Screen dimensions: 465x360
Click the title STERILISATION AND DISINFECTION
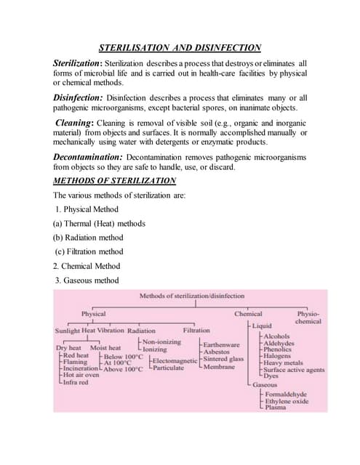[180, 48]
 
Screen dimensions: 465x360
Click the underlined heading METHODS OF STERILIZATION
[115, 180]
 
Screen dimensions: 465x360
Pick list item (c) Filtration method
[89, 251]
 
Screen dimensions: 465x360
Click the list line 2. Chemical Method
[87, 266]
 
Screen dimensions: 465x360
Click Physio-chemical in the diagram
[308, 318]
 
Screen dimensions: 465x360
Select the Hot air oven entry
[82, 375]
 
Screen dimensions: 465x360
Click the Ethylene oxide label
[287, 400]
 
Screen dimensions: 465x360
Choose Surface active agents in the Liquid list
[294, 369]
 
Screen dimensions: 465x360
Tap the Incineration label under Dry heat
[80, 368]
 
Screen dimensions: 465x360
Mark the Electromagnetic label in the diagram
[175, 360]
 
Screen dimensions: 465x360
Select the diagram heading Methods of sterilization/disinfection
[192, 296]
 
